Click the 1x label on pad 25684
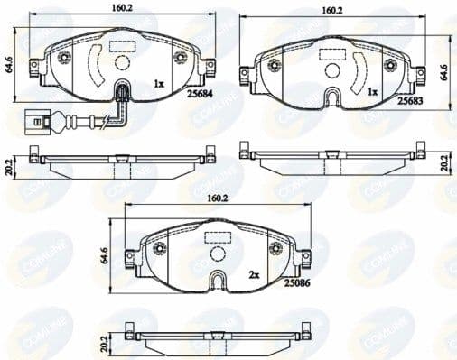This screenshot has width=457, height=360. click(160, 83)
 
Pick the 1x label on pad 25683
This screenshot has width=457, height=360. click(372, 92)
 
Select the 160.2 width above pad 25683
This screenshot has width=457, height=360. click(332, 11)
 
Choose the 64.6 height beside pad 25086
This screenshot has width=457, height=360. click(105, 255)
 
